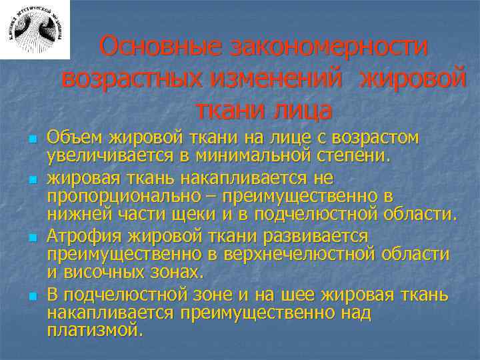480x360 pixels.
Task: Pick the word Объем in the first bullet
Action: [x=73, y=139]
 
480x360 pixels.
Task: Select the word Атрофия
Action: [x=79, y=236]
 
